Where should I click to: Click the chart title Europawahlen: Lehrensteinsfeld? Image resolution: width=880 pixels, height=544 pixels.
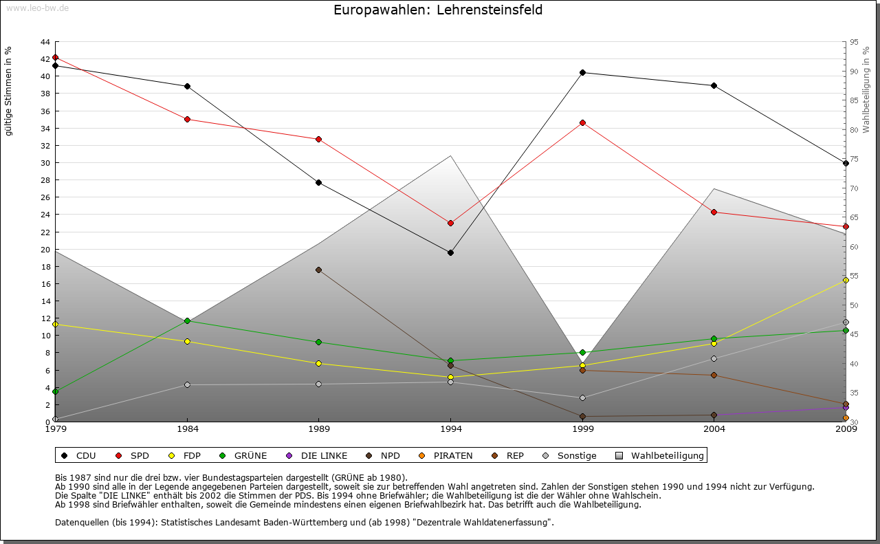tap(438, 10)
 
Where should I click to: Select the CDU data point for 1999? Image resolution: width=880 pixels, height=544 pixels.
tap(582, 72)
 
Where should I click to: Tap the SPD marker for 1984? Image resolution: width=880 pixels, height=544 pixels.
tap(187, 119)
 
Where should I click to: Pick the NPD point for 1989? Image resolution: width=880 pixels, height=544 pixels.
tap(318, 270)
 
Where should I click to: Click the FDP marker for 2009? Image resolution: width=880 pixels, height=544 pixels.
tap(846, 280)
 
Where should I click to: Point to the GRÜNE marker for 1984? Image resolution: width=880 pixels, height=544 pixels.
tap(187, 320)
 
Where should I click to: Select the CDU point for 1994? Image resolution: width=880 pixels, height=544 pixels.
tap(450, 252)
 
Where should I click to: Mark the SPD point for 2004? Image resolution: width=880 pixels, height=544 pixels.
tap(714, 212)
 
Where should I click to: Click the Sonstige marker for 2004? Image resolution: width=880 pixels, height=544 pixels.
tap(714, 358)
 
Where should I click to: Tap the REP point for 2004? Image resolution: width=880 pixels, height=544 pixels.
tap(714, 375)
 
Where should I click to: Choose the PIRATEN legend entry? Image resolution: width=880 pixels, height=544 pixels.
tap(446, 455)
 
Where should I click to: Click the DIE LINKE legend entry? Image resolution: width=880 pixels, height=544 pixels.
tap(318, 455)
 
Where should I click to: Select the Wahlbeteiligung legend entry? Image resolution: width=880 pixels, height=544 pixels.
tap(660, 455)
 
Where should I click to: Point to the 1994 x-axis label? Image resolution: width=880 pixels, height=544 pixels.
tap(450, 429)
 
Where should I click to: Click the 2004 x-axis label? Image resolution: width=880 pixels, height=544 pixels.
tap(714, 429)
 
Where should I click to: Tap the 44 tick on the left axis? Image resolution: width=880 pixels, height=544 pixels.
tap(45, 42)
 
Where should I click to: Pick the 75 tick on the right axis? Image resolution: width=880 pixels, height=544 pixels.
tap(854, 159)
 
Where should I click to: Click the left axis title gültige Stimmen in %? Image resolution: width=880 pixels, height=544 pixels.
tap(9, 91)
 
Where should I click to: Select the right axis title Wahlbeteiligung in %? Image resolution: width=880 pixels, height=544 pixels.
tap(866, 89)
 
